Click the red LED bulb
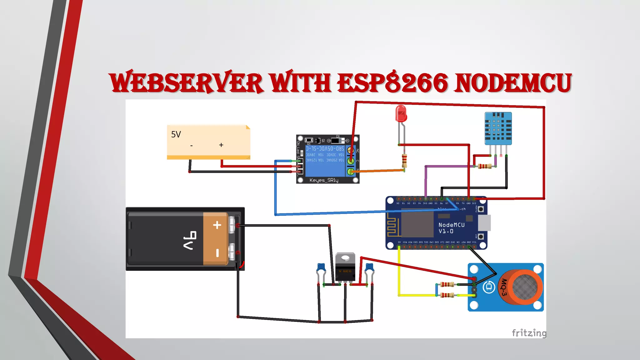401,114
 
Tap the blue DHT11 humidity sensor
498,128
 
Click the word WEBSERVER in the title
186,83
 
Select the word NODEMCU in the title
513,83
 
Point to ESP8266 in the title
393,83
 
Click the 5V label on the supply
176,134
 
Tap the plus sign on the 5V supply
221,145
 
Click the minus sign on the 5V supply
191,146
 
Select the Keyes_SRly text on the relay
324,180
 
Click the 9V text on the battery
190,240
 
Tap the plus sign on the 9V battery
217,225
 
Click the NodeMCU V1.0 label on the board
451,228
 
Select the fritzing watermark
529,333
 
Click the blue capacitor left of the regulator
321,267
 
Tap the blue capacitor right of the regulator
369,267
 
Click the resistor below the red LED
404,160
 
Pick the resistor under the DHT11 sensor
484,166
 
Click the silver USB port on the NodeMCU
484,222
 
